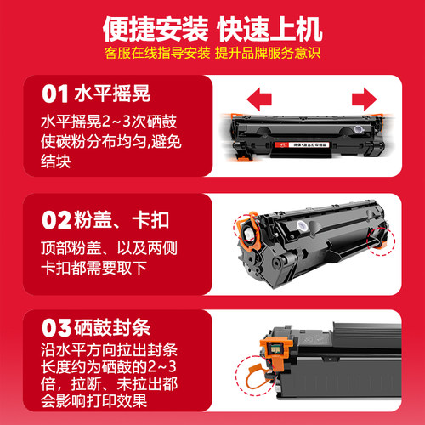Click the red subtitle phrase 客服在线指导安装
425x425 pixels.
click(152, 54)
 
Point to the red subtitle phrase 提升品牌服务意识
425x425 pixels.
click(265, 54)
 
